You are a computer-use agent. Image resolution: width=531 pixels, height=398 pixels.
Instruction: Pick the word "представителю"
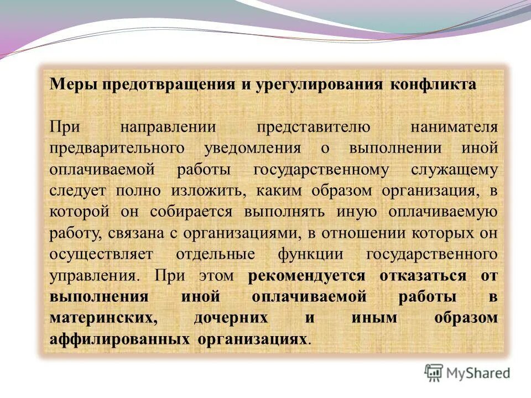coord(313,127)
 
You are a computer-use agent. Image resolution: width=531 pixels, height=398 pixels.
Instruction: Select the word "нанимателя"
coord(454,127)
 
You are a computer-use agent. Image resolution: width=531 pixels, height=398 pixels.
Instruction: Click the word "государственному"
coord(321,170)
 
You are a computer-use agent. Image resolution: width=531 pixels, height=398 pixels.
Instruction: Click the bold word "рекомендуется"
coord(307,275)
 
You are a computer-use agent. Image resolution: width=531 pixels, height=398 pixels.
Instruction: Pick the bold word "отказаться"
coord(423,275)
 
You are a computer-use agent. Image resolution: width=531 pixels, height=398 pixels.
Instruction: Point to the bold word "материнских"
coord(101,318)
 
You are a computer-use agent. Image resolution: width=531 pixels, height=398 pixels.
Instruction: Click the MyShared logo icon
coord(434,372)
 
